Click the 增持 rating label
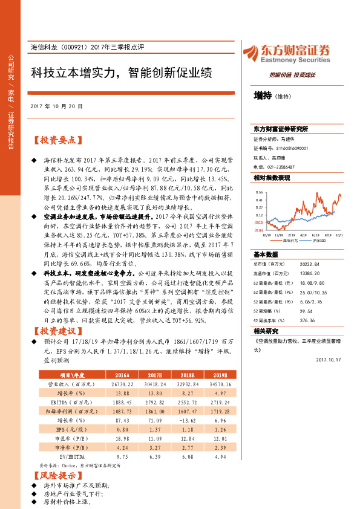click(263, 95)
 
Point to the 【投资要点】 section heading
click(56, 140)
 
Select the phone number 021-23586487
click(279, 166)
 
